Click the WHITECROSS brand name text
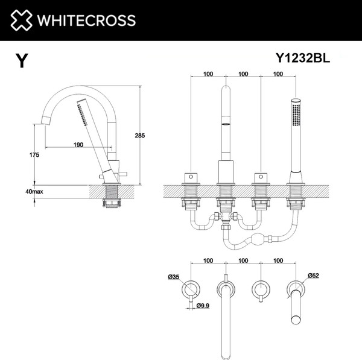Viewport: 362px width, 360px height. pos(84,21)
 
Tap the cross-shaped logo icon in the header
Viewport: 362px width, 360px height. pos(21,21)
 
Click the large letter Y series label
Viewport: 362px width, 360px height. pos(22,61)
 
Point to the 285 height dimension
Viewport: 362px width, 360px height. pos(139,136)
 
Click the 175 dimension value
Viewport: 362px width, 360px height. pos(34,155)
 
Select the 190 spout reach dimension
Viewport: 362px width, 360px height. pos(78,145)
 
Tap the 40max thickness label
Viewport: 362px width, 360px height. pos(34,191)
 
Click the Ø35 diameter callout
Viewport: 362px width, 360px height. pos(174,277)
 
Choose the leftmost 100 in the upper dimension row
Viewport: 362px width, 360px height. pos(208,74)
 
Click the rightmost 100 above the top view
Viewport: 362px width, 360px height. pos(278,261)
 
